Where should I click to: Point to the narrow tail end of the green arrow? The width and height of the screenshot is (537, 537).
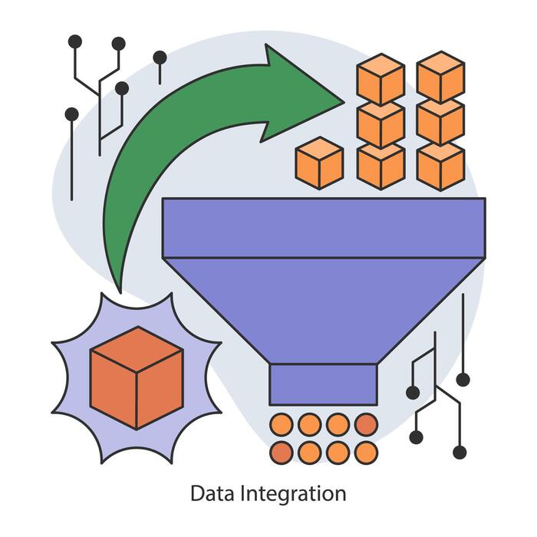(120, 288)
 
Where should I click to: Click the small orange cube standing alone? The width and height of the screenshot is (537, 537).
(319, 163)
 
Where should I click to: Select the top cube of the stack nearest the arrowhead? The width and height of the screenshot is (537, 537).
(381, 78)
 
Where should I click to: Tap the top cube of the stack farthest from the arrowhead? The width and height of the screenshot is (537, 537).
(441, 77)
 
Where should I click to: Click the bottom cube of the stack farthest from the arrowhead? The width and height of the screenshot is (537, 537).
(441, 166)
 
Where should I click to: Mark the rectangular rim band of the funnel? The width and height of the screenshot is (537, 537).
(324, 228)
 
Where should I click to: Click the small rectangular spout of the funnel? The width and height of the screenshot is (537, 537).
(323, 384)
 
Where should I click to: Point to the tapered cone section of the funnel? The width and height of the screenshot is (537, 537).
(323, 307)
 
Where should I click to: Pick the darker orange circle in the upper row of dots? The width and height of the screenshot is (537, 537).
(366, 424)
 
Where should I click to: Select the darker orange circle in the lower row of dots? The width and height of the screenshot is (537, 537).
(282, 453)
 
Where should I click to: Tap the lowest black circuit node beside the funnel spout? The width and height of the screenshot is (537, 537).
(460, 452)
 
